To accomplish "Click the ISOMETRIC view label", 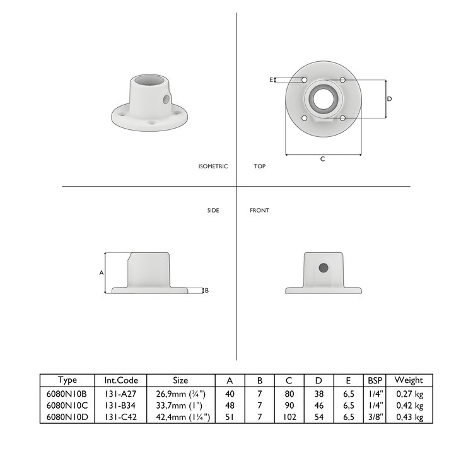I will pos(213,166).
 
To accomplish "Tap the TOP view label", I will pos(259,166).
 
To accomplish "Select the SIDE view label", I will pos(213,210).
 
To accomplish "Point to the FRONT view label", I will pos(259,210).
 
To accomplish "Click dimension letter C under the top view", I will pos(322,159).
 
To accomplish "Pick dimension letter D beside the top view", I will pos(389,99).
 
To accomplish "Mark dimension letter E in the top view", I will pos(271,80).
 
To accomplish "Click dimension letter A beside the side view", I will pos(101,272).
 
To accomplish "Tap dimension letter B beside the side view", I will pos(207,290).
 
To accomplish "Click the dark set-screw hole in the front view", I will pos(324,267).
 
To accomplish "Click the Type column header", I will pos(67,380).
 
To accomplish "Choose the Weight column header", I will pos(409,380).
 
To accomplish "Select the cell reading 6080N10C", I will pos(67,406).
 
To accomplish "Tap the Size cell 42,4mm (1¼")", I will pos(181,418).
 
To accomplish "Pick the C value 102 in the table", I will pos(289,418).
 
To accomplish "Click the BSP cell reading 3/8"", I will pos(375,418).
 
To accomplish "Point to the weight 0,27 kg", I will pos(409,393).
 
